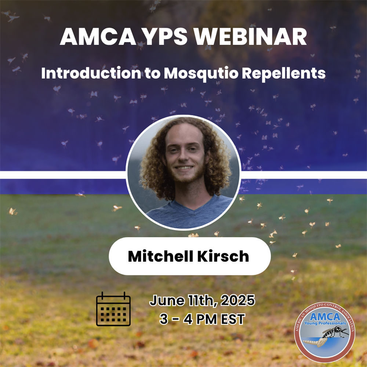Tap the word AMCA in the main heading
click(98, 37)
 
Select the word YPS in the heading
click(165, 37)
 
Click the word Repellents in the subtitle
click(283, 73)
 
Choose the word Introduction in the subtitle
click(91, 73)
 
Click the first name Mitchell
click(161, 256)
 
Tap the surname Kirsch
click(223, 256)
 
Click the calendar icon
click(113, 309)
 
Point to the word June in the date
click(167, 300)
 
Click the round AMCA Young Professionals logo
click(324, 333)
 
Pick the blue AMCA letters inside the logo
click(325, 317)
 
